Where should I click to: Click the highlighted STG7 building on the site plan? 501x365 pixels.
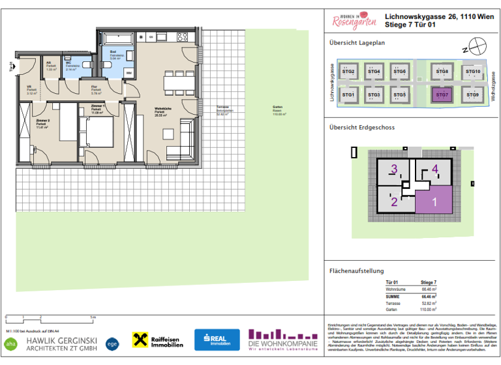(442, 95)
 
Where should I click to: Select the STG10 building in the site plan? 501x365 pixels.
(472, 72)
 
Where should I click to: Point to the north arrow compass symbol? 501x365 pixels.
(478, 47)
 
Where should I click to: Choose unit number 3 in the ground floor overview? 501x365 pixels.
(393, 171)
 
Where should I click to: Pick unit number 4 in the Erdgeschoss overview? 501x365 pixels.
(435, 170)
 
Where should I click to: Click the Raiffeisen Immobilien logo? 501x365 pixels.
(158, 340)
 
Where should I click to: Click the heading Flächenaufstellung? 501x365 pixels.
(357, 270)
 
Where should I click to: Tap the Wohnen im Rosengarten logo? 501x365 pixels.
(355, 22)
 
